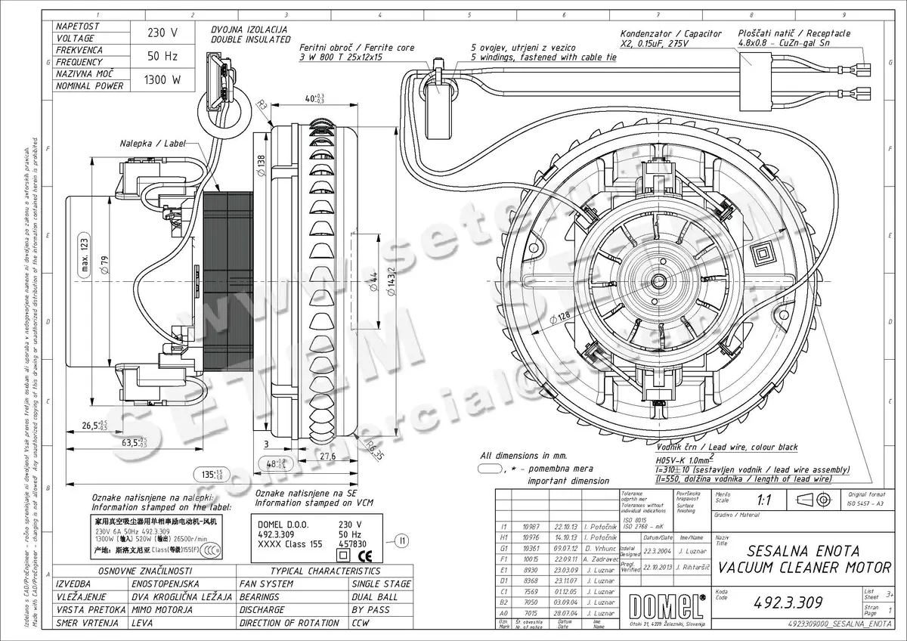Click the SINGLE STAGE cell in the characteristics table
(381, 584)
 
